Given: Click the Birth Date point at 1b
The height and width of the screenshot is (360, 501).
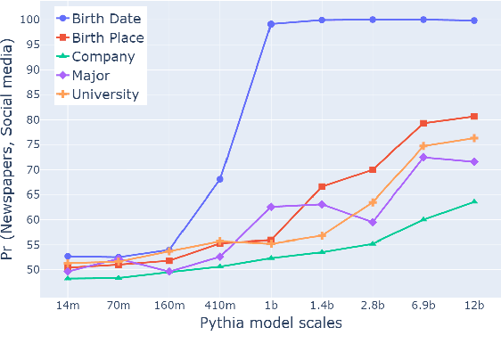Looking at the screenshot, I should (x=271, y=24).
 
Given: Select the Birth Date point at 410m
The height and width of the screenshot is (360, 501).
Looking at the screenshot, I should (x=220, y=179).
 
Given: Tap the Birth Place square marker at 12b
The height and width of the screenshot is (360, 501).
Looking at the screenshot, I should (x=474, y=117).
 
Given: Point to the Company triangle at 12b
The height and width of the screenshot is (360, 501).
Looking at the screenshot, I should (x=474, y=201).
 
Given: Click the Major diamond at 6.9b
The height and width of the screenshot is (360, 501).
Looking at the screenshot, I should (x=423, y=157).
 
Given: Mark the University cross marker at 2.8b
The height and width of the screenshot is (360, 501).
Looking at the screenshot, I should (x=373, y=202).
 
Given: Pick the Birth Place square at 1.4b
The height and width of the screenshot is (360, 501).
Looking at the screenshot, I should (x=322, y=186).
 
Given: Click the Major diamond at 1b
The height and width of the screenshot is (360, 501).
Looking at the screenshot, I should (x=271, y=207).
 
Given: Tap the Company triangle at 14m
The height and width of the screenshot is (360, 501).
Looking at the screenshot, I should (x=68, y=278).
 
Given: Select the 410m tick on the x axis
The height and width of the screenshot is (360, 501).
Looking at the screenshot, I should (x=220, y=305).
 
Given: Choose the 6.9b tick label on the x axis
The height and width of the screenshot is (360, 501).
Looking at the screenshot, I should (x=423, y=305).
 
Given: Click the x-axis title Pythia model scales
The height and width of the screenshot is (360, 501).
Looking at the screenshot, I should (x=271, y=323).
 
